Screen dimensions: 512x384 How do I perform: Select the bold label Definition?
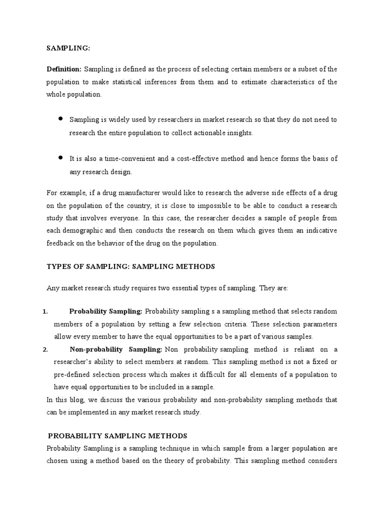[x=64, y=69]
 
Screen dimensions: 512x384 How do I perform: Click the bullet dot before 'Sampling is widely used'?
[x=60, y=119]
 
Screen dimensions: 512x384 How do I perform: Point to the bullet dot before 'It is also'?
[x=60, y=157]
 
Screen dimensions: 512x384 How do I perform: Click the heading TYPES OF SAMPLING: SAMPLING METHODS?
[x=130, y=266]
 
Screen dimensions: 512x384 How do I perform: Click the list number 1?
[x=44, y=311]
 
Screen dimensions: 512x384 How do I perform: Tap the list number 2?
[x=44, y=349]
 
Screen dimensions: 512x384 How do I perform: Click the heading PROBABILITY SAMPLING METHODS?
[x=117, y=435]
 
